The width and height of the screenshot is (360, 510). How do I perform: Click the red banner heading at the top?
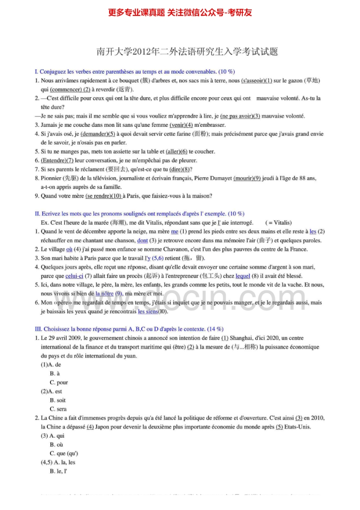[180, 13]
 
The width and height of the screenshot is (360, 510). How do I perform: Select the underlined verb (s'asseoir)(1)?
[256, 80]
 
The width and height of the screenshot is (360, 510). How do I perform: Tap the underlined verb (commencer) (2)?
[70, 89]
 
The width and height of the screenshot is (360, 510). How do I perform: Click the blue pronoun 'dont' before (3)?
[142, 240]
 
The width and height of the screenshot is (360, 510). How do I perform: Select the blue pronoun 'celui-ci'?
[74, 276]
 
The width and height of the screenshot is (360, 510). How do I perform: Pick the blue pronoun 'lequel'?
[243, 276]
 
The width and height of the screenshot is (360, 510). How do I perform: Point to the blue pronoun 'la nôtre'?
[105, 294]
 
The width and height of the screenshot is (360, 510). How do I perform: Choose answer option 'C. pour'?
[59, 382]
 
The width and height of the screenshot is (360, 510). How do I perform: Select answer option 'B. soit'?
[58, 400]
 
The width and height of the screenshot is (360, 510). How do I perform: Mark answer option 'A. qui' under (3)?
[57, 435]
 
